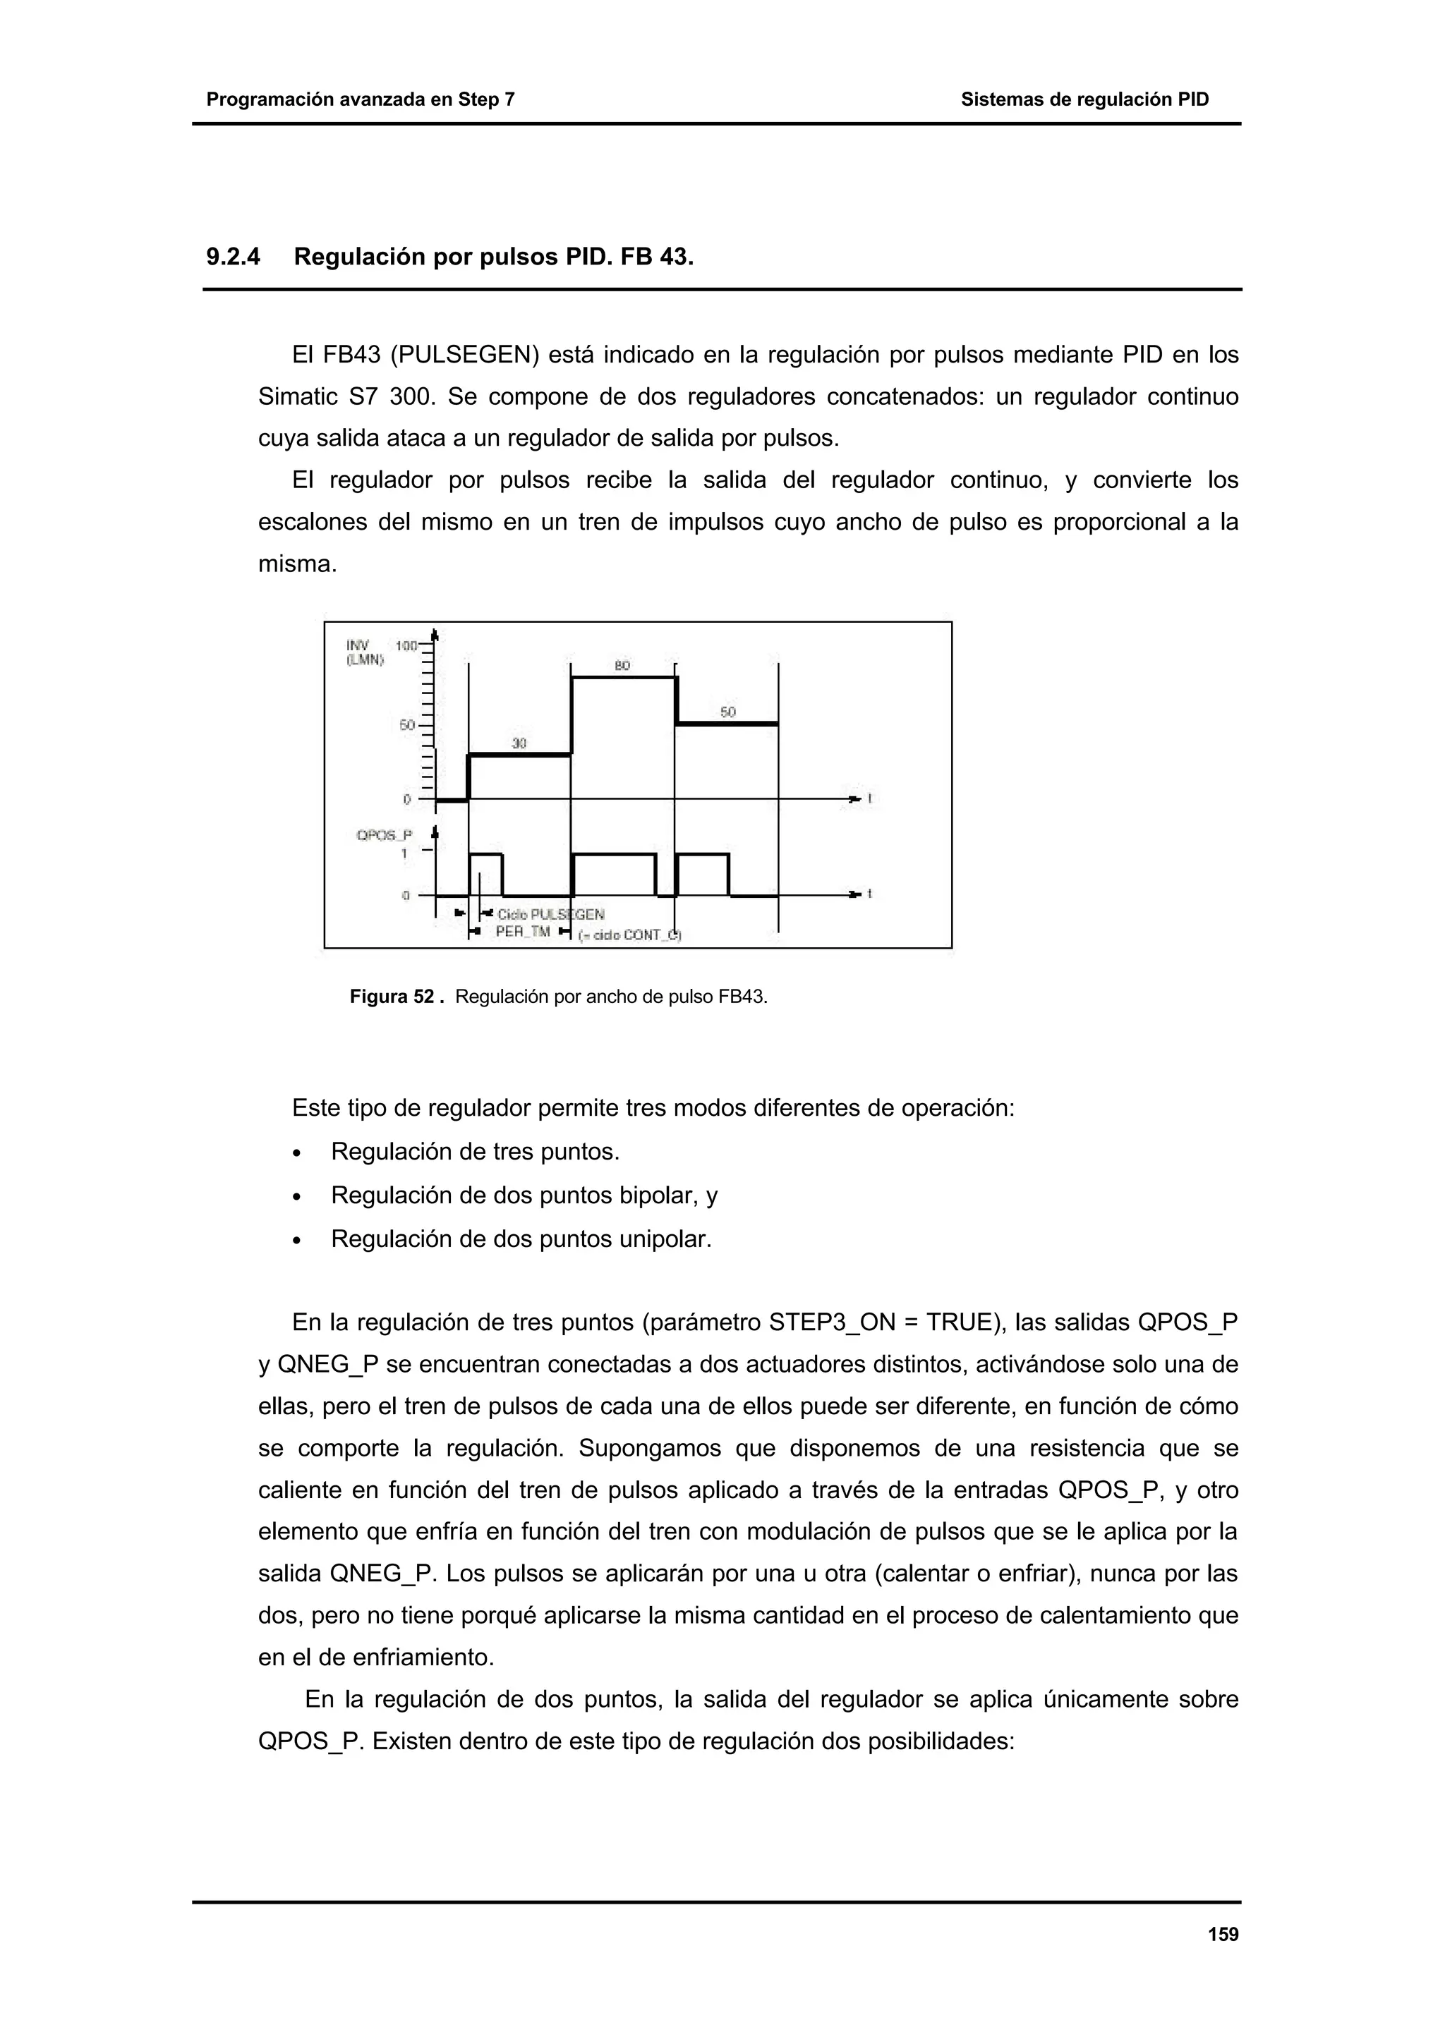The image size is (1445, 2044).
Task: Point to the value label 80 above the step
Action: click(x=622, y=665)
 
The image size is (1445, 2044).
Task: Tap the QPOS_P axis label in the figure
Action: click(x=384, y=835)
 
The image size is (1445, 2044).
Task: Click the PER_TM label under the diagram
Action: click(x=523, y=932)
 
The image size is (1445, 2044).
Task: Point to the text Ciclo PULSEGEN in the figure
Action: click(x=550, y=914)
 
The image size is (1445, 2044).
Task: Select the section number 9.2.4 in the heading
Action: click(x=234, y=257)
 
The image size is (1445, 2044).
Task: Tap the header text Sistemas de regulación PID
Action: click(x=1084, y=99)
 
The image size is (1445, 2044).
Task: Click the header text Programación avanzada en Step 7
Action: click(x=361, y=99)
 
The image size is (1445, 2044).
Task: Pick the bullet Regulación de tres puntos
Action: click(x=475, y=1151)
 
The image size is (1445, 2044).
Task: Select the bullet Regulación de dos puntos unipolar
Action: click(x=521, y=1239)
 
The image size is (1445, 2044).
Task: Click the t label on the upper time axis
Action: click(x=870, y=798)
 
